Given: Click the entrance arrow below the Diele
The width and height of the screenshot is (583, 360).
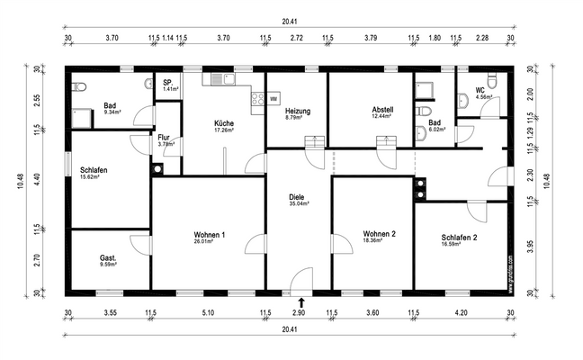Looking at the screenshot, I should click(x=300, y=303).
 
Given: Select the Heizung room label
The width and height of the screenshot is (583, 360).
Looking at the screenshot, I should click(x=297, y=111).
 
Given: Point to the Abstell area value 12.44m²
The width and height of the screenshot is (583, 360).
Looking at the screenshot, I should click(x=382, y=117).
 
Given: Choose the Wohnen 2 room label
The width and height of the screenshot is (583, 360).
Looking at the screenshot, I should click(x=380, y=234).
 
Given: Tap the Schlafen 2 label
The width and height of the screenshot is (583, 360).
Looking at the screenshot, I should click(x=459, y=237).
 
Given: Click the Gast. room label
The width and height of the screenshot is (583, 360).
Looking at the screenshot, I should click(x=109, y=258).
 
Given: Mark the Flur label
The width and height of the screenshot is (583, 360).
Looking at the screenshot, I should click(x=164, y=137).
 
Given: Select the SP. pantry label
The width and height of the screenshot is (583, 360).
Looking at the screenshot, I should click(x=167, y=83).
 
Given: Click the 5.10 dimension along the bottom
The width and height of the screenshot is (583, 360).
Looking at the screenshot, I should click(x=209, y=312).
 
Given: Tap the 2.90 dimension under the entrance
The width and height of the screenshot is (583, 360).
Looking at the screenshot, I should click(x=300, y=312).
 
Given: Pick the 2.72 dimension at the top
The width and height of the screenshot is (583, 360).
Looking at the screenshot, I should click(x=296, y=39).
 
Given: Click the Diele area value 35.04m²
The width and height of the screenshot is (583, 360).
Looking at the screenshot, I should click(x=298, y=204).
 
